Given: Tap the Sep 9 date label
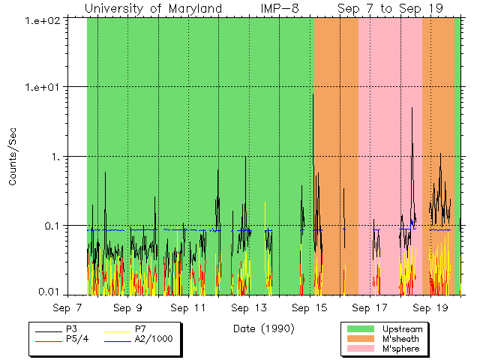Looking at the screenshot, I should click(x=128, y=307).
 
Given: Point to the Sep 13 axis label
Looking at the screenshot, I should click(x=249, y=307).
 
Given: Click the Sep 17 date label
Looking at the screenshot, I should click(x=370, y=307).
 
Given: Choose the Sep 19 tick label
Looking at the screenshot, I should click(x=430, y=307).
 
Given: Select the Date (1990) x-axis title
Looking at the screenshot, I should click(x=263, y=328).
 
